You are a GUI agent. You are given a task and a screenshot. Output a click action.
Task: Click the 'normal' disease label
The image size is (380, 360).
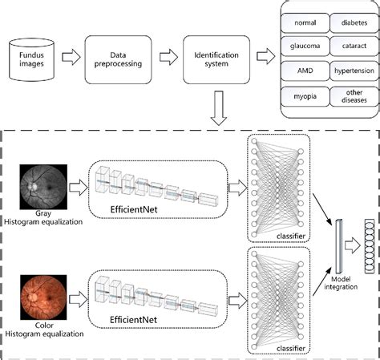point(304,23)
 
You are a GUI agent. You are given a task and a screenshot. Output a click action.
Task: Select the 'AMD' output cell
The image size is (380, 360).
point(304,72)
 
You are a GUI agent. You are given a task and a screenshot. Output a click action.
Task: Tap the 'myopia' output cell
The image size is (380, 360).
point(304,97)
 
